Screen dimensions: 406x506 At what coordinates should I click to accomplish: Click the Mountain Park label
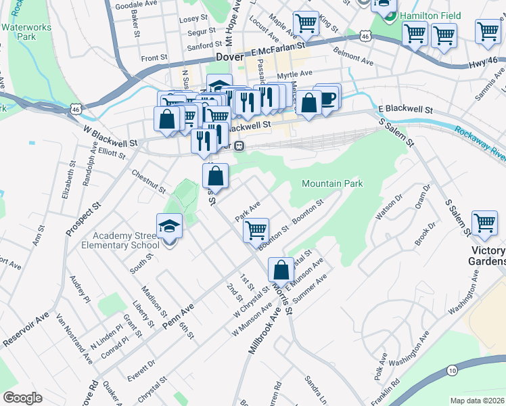332,183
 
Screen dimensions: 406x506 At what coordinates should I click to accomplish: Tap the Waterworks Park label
18,32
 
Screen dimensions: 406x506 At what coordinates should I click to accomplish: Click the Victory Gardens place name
488,256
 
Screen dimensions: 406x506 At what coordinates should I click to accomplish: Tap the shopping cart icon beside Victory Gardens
484,223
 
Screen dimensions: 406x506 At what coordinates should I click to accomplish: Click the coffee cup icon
328,97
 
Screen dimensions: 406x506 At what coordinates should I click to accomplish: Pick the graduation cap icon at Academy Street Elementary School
169,226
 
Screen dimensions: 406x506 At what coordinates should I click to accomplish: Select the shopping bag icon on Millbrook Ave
281,270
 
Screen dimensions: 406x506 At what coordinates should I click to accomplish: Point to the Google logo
22,398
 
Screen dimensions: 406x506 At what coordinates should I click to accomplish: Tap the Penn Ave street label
177,317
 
